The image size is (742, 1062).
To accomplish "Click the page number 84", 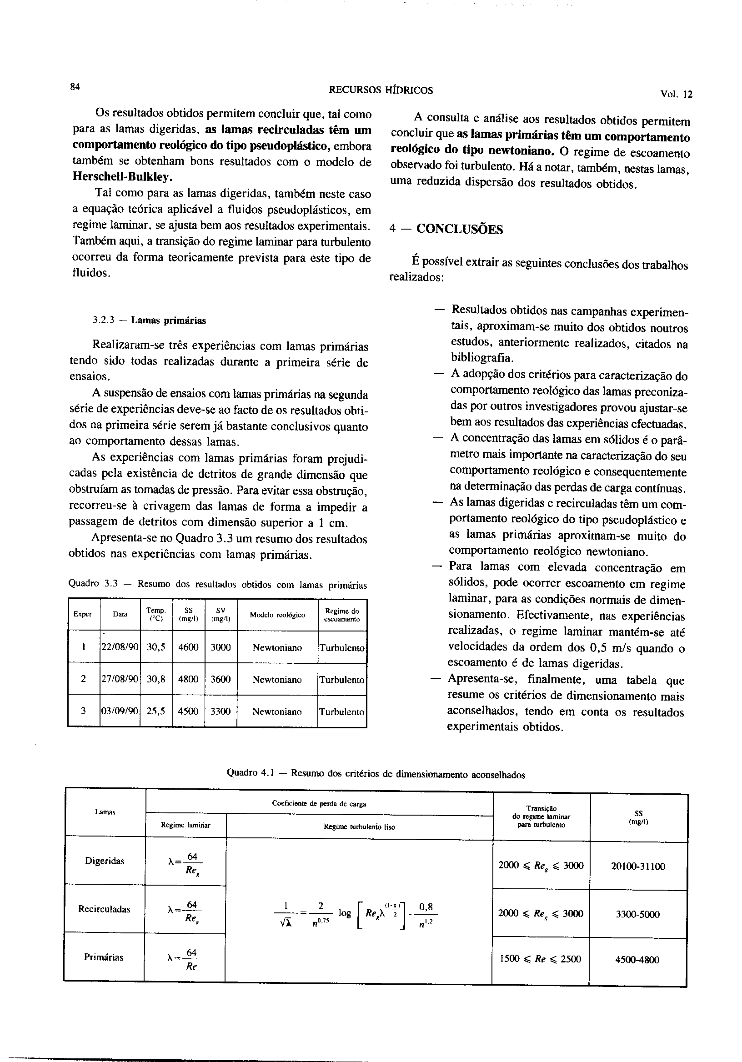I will (75, 86).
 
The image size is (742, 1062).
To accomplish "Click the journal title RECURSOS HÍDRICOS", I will (380, 90).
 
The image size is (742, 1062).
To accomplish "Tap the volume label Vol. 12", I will (676, 95).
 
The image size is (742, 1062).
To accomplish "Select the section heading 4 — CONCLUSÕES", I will (446, 229).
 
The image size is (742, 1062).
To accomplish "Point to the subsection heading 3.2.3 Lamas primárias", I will (149, 320).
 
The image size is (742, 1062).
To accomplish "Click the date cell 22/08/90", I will (120, 647).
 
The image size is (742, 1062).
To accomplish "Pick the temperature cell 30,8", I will (156, 679).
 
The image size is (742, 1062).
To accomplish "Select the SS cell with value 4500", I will (188, 711).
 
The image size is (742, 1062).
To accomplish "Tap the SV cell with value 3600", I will (221, 679).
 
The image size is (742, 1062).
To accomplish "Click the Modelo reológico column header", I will (277, 615).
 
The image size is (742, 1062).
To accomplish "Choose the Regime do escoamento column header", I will (342, 615).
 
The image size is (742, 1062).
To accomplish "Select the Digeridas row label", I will (105, 861).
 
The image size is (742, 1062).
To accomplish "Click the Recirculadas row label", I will (104, 909).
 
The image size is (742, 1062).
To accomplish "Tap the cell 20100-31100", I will (638, 867).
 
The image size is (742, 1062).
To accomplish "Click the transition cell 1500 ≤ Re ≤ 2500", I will (540, 959).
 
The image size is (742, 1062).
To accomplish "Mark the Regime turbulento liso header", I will (359, 827).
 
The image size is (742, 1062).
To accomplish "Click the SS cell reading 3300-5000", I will (638, 914).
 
